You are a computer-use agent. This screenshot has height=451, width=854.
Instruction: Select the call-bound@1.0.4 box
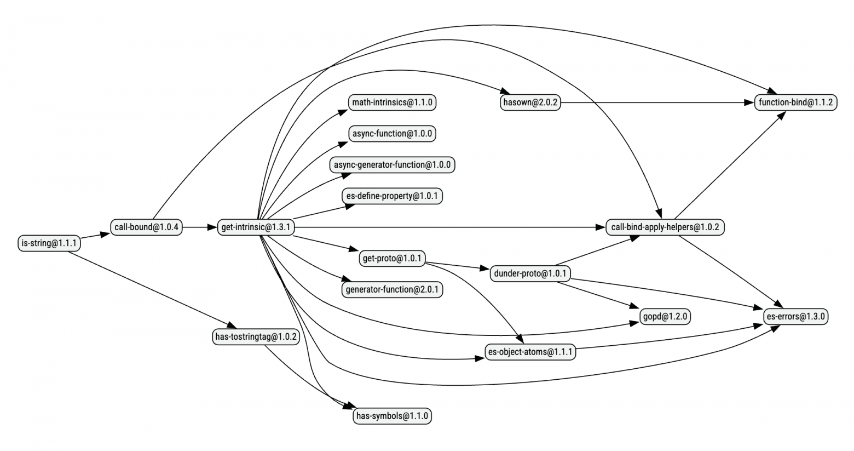[x=146, y=227]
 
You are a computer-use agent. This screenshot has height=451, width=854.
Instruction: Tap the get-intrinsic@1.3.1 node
[x=256, y=227]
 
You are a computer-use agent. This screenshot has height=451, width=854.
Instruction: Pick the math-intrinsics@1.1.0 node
[x=393, y=102]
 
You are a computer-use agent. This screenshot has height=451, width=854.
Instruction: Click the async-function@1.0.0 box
[x=393, y=134]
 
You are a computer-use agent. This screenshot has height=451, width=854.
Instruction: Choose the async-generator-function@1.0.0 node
[x=393, y=164]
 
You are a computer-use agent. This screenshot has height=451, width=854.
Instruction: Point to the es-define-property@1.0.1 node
[x=393, y=196]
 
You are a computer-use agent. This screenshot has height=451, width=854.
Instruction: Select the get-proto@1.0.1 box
[x=393, y=258]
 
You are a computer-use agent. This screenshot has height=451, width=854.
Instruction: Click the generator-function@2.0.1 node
[x=393, y=289]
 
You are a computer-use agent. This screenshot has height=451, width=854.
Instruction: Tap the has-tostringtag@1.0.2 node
[x=256, y=336]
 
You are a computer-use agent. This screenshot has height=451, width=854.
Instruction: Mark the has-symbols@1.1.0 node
[x=393, y=416]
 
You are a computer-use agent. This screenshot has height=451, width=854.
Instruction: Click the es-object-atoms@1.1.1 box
[x=530, y=352]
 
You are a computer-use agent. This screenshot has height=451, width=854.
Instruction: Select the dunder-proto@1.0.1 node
[x=530, y=273]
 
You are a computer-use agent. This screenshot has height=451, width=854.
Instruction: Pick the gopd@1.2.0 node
[x=666, y=316]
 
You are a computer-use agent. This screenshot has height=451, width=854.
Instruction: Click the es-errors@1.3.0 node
[x=796, y=316]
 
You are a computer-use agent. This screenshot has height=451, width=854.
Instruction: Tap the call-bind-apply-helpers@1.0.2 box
[x=666, y=227]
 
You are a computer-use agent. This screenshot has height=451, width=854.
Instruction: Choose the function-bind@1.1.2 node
[x=796, y=102]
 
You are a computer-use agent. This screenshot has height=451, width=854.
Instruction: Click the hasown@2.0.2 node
[x=530, y=102]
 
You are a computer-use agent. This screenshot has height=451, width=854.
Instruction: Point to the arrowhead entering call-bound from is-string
[x=105, y=234]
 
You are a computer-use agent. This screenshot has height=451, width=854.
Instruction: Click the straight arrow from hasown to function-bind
[x=657, y=102]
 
